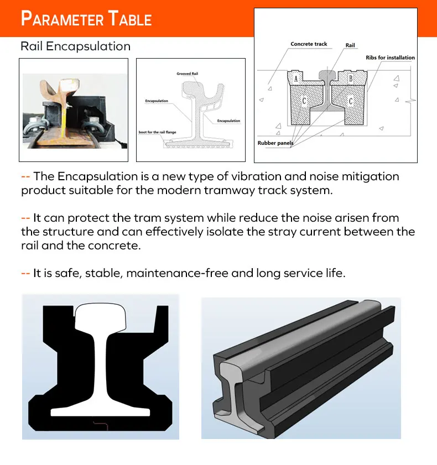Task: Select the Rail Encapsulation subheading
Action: point(75,46)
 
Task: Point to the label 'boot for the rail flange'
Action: point(158,133)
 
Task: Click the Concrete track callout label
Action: point(309,44)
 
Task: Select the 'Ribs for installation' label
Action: point(390,58)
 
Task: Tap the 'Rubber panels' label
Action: point(275,143)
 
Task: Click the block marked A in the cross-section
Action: point(296,79)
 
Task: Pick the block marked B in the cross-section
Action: point(351,79)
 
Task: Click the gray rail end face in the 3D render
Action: point(231,387)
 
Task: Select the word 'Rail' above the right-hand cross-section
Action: point(350,45)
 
